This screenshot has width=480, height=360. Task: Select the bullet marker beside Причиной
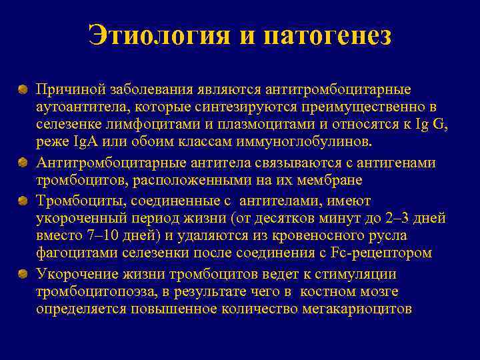[23, 89]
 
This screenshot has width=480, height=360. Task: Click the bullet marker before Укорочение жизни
[23, 274]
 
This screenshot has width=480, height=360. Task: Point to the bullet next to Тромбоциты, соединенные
[23, 201]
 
